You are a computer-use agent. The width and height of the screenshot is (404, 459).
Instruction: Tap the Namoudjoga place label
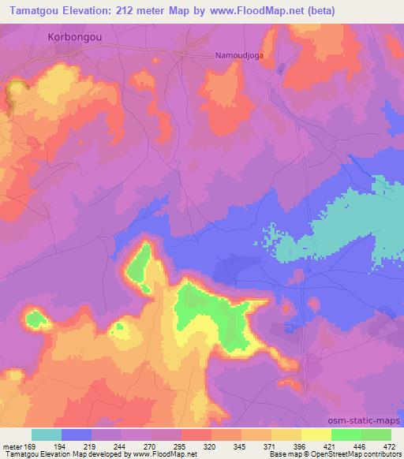click(240, 56)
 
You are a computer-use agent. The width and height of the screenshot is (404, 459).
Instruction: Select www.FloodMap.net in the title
click(258, 11)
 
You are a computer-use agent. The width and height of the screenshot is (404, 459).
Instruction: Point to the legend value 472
click(388, 446)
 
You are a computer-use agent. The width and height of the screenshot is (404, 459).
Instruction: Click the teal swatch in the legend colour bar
click(47, 435)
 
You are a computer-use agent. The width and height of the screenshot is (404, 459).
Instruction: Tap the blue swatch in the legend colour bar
click(77, 435)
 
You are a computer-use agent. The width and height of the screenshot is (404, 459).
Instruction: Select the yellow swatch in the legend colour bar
click(316, 435)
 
